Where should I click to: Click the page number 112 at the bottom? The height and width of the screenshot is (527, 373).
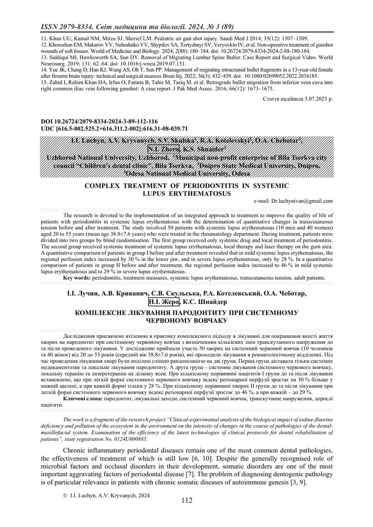pyautogui.click(x=186, y=501)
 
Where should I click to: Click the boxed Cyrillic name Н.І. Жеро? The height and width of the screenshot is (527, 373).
pyautogui.click(x=163, y=303)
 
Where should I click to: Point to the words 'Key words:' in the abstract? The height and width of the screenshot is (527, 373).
pyautogui.click(x=77, y=278)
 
